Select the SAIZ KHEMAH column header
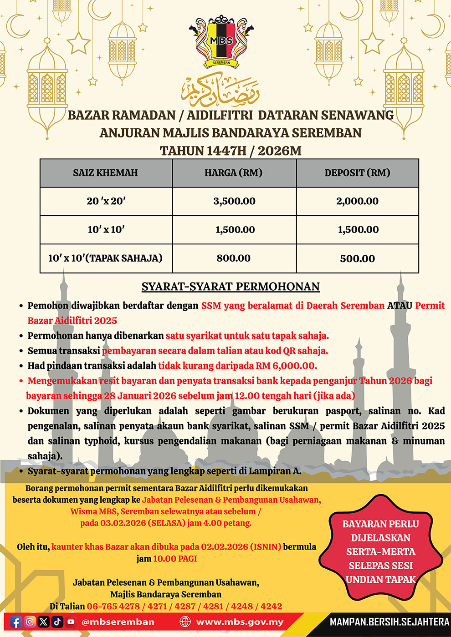click(105, 173)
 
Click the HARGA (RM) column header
click(234, 173)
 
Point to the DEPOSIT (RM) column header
click(357, 173)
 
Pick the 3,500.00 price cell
click(234, 201)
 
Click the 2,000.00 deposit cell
click(357, 201)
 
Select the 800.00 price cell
click(234, 258)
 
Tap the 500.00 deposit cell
click(357, 259)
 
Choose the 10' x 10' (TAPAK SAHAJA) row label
click(105, 258)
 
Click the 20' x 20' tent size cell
click(106, 201)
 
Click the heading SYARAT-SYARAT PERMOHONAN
click(231, 287)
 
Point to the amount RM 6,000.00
click(294, 366)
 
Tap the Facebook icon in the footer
click(16, 622)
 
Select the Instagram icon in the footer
click(30, 622)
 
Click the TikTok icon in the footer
click(57, 622)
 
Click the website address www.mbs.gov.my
click(240, 622)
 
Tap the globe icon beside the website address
click(185, 622)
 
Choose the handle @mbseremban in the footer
click(118, 622)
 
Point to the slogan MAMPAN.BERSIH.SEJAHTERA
click(389, 622)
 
